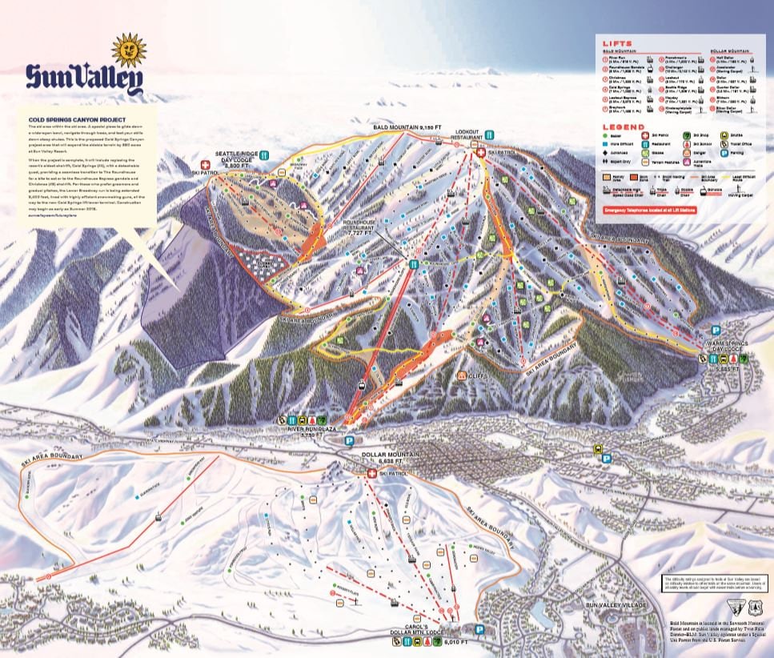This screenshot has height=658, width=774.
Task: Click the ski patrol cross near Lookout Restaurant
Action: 480,150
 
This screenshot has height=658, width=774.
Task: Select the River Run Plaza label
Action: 313,429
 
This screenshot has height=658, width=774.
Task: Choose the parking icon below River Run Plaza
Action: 348,440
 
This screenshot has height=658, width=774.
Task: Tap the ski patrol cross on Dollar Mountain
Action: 371,473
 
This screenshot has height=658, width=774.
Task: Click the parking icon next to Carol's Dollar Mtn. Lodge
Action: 479,629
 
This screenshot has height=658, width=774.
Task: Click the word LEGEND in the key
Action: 625,126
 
